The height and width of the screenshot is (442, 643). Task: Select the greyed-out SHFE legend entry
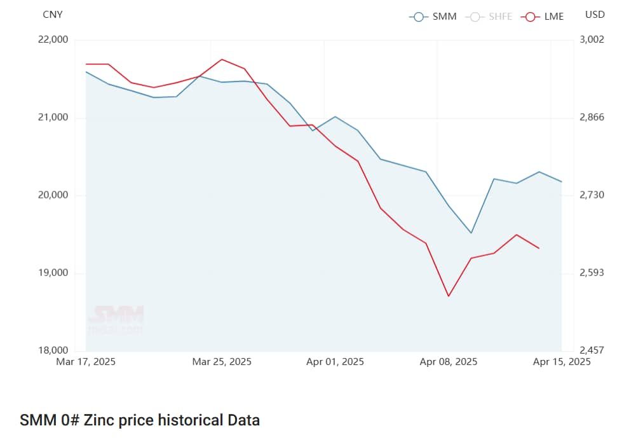tap(490, 17)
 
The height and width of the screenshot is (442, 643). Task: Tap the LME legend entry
tap(543, 17)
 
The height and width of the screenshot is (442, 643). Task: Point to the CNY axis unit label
tap(53, 15)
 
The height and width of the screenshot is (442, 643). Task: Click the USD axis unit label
tap(595, 14)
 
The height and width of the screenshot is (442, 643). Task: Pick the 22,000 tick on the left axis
tap(54, 39)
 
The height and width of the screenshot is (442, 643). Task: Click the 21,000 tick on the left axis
tap(54, 118)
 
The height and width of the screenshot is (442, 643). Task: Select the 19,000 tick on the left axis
tap(54, 273)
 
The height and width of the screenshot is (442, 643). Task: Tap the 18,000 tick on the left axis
tap(54, 350)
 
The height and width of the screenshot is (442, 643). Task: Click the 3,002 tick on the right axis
tap(592, 39)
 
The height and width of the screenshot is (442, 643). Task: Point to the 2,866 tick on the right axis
tap(592, 118)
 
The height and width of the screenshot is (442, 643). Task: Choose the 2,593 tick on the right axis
tap(592, 273)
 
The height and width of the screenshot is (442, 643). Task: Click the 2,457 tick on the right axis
tap(592, 350)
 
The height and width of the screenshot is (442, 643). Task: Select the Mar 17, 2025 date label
tap(86, 362)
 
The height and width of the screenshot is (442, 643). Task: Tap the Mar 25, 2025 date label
tap(222, 362)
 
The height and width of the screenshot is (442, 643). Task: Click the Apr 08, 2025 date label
tap(449, 362)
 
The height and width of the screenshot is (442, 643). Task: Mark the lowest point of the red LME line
tap(449, 296)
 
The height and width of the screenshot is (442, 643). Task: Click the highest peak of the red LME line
tap(222, 59)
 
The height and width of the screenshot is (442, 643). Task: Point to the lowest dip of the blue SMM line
tap(471, 233)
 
